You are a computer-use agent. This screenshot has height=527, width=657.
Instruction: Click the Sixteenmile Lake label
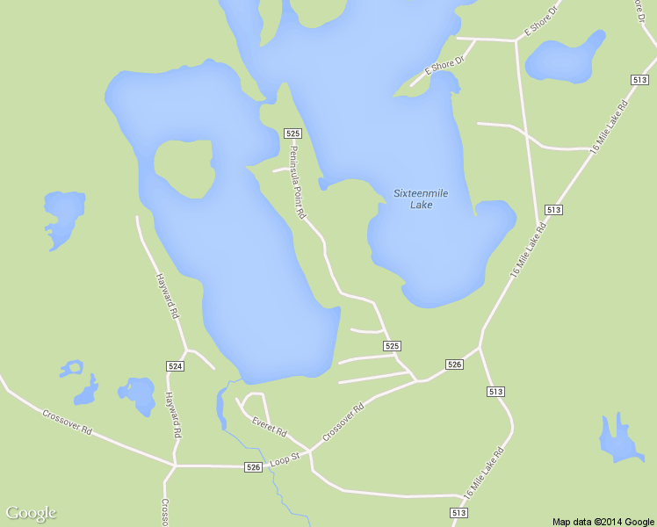point(418,199)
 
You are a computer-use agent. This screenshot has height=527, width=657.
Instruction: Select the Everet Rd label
point(270,428)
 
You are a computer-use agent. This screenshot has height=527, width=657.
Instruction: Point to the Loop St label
point(285,458)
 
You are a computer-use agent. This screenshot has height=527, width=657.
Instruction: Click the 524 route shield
point(175,365)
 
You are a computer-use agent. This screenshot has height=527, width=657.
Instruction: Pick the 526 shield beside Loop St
point(254,467)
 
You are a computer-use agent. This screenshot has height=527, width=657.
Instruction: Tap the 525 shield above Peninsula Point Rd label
point(293,133)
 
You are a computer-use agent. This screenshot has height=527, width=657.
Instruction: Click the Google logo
point(32,513)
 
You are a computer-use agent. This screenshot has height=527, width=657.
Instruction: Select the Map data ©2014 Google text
point(603,522)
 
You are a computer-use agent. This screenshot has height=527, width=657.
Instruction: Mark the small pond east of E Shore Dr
point(565,61)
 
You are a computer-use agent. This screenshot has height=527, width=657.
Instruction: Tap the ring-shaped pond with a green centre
point(72,368)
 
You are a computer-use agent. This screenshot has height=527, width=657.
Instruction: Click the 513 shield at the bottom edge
point(458,512)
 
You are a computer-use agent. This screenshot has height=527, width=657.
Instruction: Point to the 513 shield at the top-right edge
point(639,80)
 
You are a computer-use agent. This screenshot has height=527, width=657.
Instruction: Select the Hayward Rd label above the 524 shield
point(168,295)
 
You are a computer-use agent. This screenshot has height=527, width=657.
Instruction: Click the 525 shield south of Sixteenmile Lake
point(393,346)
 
